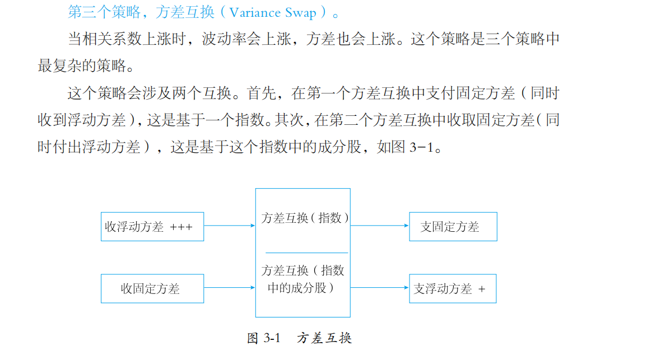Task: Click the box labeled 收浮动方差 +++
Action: point(152,227)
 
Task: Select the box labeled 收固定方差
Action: point(152,288)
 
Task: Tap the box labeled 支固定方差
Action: point(453,227)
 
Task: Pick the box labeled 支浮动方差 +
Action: point(453,288)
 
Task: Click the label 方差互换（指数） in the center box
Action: point(305,218)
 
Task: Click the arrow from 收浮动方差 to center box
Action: point(229,226)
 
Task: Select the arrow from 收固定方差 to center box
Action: point(229,288)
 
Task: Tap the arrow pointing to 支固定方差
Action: point(380,226)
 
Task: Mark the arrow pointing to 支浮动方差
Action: point(380,288)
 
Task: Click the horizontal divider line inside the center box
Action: point(306,253)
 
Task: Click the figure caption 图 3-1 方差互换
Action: point(299,338)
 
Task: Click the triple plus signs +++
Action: point(181,227)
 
